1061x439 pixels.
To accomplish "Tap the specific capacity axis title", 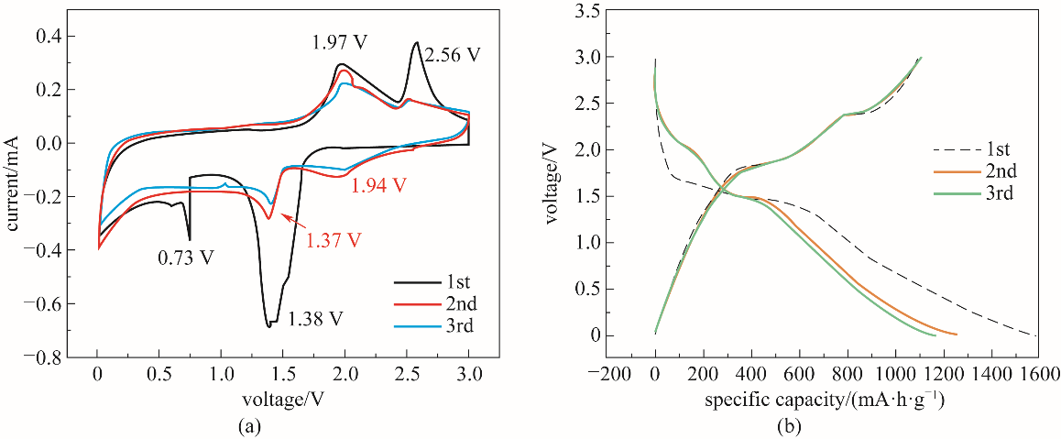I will point(825,400).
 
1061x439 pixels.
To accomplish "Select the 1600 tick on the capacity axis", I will point(1037,375).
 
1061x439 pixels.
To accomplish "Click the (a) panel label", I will point(279,425).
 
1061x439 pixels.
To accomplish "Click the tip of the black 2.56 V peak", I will point(417,42).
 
